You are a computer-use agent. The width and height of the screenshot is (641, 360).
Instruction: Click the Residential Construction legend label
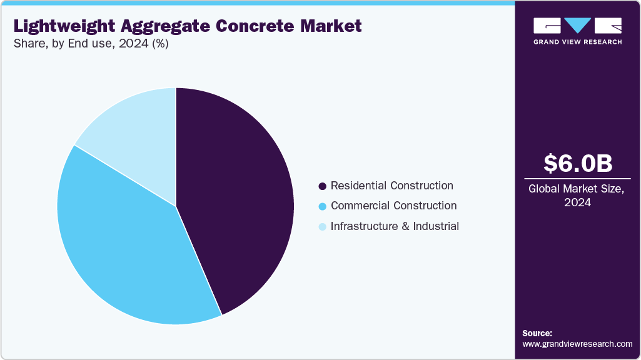(x=391, y=186)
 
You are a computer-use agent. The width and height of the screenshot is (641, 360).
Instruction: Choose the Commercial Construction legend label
(x=393, y=206)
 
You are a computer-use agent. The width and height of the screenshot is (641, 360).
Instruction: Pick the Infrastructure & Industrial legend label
(x=395, y=226)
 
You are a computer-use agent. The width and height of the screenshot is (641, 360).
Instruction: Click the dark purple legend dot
(x=322, y=186)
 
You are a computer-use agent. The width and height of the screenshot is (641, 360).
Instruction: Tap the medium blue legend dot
(x=322, y=206)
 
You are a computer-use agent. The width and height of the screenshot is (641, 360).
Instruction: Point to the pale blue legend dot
(x=322, y=227)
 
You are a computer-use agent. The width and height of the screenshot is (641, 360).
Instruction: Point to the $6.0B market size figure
(x=577, y=163)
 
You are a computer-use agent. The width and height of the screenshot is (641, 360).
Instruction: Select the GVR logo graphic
(x=577, y=26)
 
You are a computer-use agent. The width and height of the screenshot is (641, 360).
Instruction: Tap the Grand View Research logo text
(x=577, y=42)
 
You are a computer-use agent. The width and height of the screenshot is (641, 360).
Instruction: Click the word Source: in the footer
(x=537, y=333)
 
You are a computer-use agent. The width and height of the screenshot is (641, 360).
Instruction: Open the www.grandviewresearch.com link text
(x=577, y=344)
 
